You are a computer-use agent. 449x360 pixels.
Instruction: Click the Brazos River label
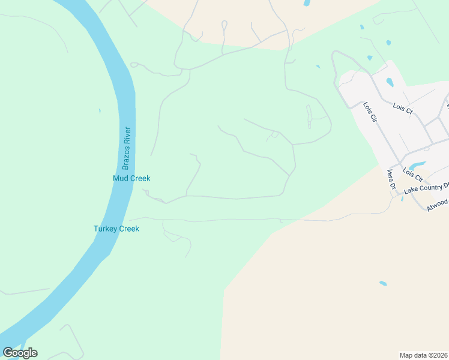pyautogui.click(x=127, y=148)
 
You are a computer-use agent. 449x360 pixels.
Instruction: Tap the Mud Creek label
pyautogui.click(x=131, y=178)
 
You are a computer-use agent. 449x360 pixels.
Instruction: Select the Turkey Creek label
pyautogui.click(x=116, y=229)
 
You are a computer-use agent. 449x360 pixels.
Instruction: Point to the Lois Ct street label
pyautogui.click(x=403, y=109)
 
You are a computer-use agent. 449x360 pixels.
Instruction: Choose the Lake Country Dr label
pyautogui.click(x=426, y=188)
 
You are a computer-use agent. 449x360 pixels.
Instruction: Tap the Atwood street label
pyautogui.click(x=437, y=205)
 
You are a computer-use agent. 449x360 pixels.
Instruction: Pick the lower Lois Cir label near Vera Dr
pyautogui.click(x=412, y=175)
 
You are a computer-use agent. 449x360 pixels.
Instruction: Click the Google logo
pyautogui.click(x=20, y=353)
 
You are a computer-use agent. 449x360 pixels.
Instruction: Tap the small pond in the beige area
pyautogui.click(x=383, y=284)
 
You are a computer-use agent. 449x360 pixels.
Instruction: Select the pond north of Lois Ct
pyautogui.click(x=390, y=82)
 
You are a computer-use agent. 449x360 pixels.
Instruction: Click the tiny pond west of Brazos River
pyautogui.click(x=100, y=111)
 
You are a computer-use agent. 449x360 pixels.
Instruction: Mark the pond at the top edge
pyautogui.click(x=307, y=3)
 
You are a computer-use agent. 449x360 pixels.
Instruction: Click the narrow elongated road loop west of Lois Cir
pyautogui.click(x=310, y=116)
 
